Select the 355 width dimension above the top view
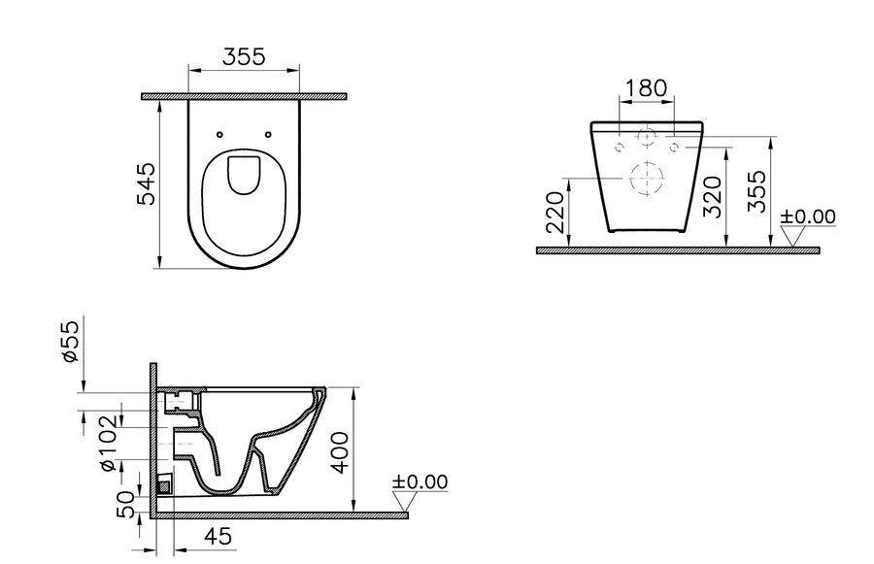coord(244,57)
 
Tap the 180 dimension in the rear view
coord(646,88)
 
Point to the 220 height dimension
coord(555,213)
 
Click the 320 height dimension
coord(713,197)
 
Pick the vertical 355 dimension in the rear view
coord(756,191)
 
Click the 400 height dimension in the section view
coord(340,452)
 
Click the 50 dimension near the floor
coord(125,505)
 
